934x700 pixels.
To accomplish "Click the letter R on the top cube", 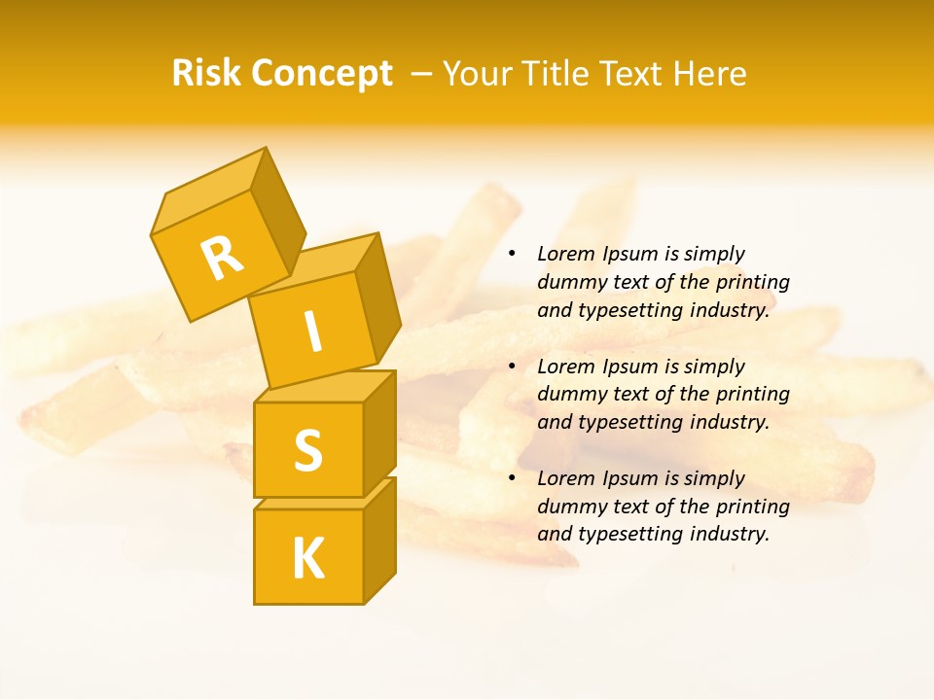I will (223, 259).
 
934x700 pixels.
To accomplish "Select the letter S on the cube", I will (307, 450).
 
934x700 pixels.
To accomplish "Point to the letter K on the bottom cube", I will (307, 559).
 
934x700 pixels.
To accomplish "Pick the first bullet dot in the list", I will (512, 255).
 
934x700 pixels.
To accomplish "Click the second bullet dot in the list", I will (512, 367).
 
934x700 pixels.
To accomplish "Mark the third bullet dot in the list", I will (512, 478).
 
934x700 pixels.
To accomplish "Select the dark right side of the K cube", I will (379, 540).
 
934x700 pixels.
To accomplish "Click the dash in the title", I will (422, 75).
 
